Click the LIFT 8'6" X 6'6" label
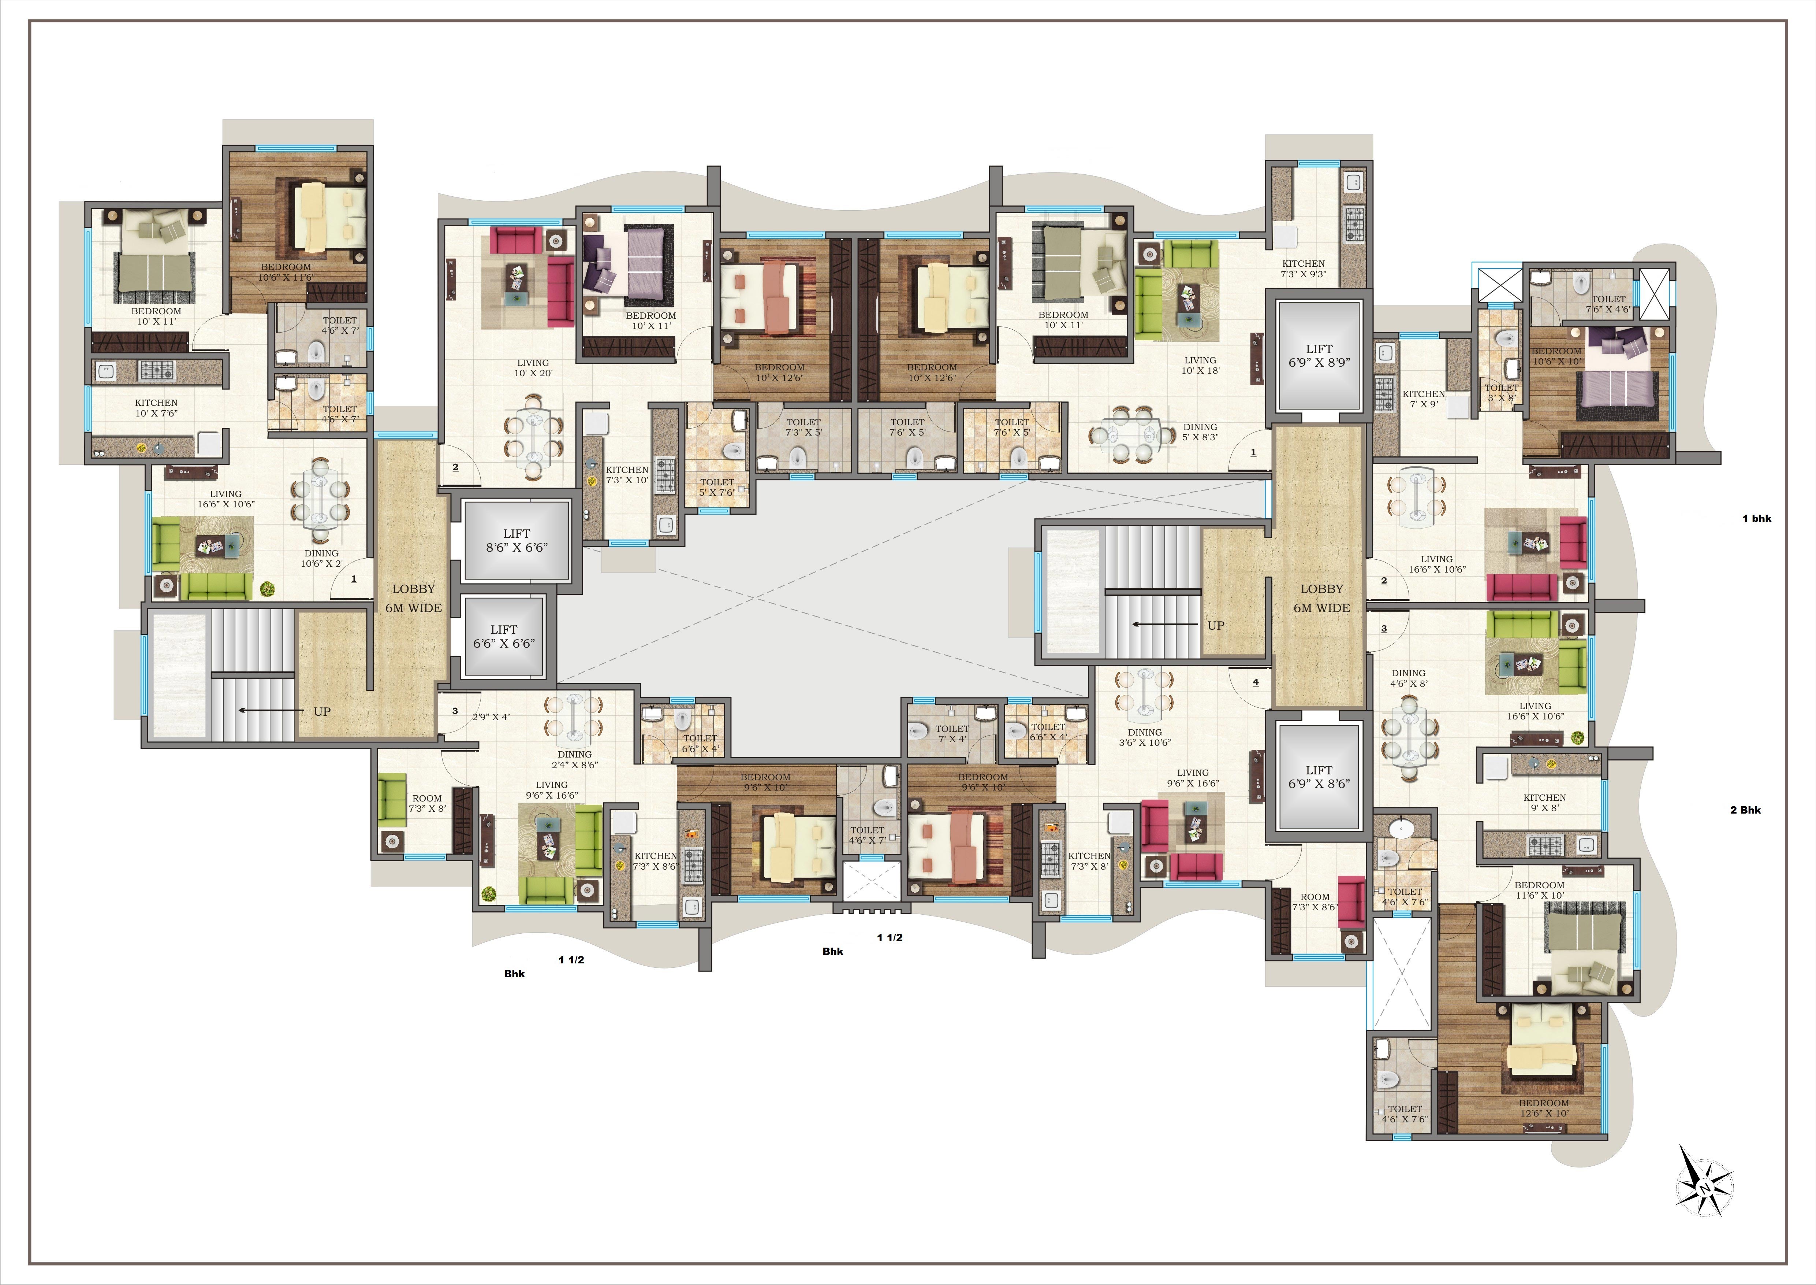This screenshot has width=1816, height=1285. click(x=517, y=540)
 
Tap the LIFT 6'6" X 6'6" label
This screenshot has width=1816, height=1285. click(x=504, y=636)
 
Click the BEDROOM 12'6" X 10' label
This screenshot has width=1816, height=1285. click(x=1543, y=1108)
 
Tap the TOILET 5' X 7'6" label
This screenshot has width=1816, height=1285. click(x=717, y=486)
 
